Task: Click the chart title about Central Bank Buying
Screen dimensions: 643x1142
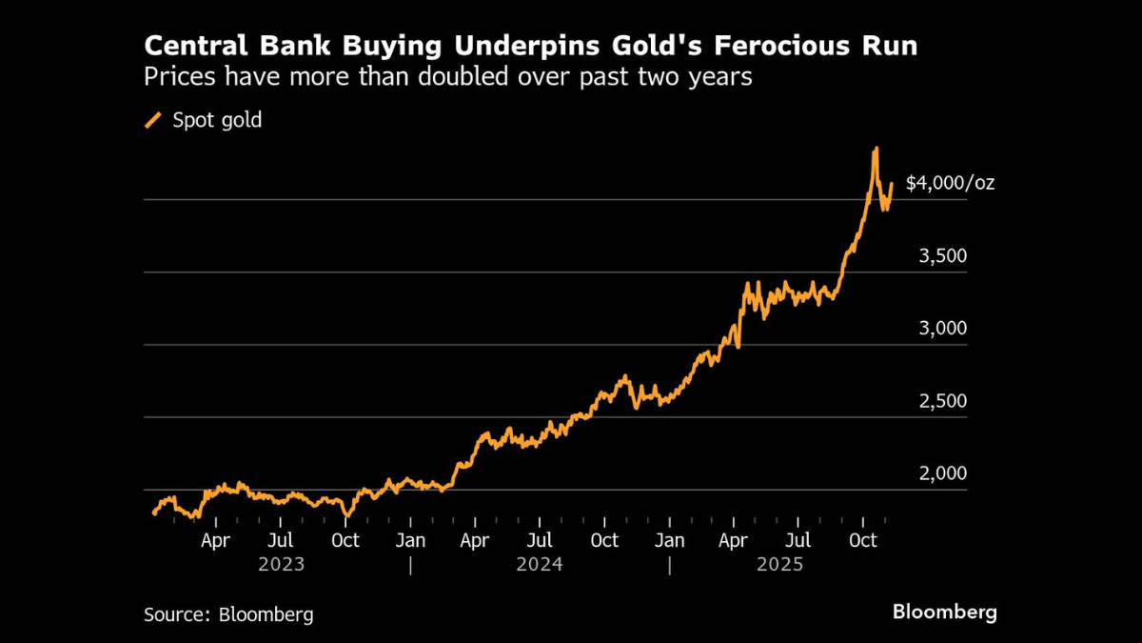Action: click(530, 46)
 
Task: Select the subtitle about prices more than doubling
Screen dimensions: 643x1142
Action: click(447, 77)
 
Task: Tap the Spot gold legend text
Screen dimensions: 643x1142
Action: click(216, 120)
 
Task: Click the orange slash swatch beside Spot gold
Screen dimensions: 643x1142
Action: click(153, 120)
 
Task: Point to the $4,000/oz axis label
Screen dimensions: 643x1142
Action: click(950, 182)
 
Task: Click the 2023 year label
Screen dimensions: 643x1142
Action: click(282, 564)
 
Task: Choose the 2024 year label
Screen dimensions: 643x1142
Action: click(540, 564)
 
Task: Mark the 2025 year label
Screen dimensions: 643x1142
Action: click(780, 564)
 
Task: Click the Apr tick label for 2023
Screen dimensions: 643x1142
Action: click(216, 540)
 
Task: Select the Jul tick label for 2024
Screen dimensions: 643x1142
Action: click(540, 540)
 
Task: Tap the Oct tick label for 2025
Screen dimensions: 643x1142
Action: click(863, 540)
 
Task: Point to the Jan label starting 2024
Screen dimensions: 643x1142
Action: click(410, 540)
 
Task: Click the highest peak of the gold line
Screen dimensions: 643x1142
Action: click(876, 149)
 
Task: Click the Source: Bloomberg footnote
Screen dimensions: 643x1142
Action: click(228, 614)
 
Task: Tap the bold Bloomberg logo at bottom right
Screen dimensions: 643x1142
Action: click(944, 612)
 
